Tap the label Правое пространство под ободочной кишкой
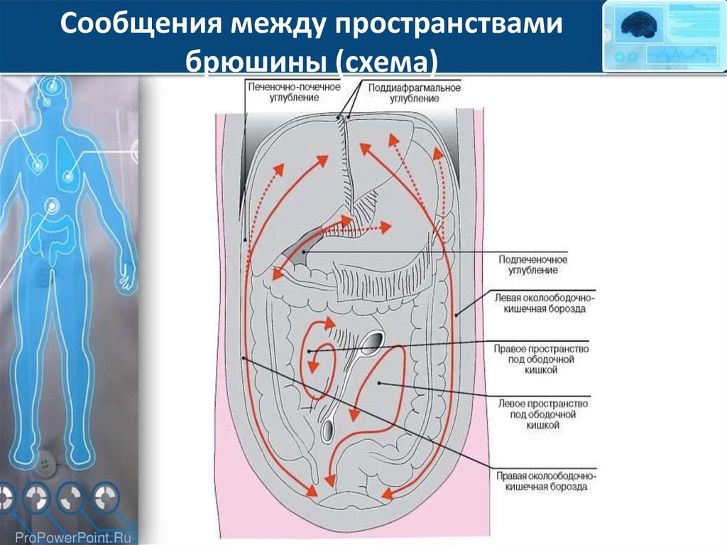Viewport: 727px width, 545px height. pyautogui.click(x=542, y=359)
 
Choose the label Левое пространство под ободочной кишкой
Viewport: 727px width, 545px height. pyautogui.click(x=542, y=414)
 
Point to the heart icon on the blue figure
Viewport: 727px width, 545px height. pyautogui.click(x=35, y=163)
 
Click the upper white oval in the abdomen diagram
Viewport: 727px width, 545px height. pyautogui.click(x=372, y=343)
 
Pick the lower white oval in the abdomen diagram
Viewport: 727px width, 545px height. pyautogui.click(x=329, y=428)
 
